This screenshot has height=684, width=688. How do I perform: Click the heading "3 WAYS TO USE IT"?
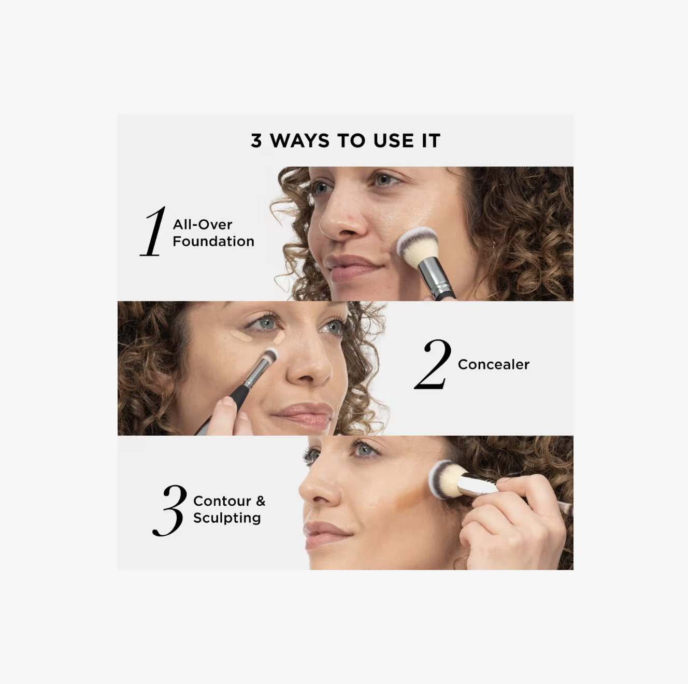coord(345,141)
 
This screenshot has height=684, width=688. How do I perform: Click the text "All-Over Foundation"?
coord(213,233)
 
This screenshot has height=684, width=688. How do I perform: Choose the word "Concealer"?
coord(493,365)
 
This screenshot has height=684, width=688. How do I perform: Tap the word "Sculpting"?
coord(227,518)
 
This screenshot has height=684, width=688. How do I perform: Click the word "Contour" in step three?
coord(222,501)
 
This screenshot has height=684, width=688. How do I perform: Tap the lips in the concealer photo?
coord(305,414)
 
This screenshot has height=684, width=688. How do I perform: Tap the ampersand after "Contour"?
coord(260,501)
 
